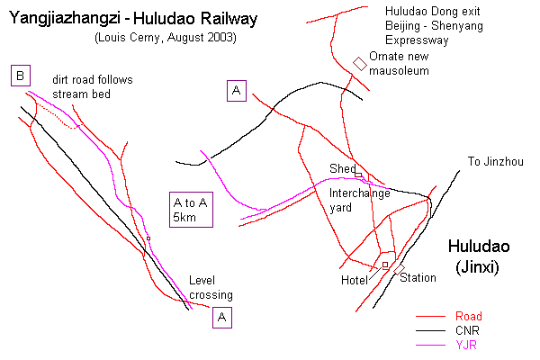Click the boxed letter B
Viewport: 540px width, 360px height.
[20, 76]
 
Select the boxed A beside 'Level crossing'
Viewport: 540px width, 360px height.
[223, 317]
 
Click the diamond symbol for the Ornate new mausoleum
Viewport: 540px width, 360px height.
[360, 63]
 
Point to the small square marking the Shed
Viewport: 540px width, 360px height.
[357, 175]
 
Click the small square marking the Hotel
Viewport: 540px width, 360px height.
[385, 265]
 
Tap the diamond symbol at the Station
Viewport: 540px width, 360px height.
[398, 266]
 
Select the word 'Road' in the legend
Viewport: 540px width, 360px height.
[468, 316]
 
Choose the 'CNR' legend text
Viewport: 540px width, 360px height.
[467, 330]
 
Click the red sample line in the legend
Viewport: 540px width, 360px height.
[431, 317]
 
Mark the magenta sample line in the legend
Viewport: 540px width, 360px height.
[431, 346]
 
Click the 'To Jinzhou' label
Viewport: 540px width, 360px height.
[494, 162]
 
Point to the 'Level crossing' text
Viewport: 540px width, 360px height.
[211, 287]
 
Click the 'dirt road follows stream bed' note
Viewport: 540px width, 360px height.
[92, 86]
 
